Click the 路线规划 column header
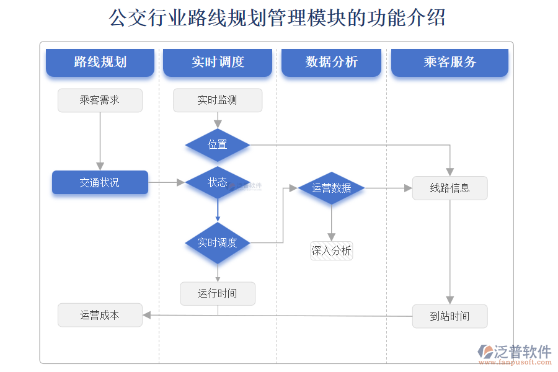pyautogui.click(x=100, y=62)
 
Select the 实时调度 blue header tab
pyautogui.click(x=218, y=62)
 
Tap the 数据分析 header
pyautogui.click(x=331, y=62)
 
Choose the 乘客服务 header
pyautogui.click(x=449, y=62)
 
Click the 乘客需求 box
pyautogui.click(x=100, y=100)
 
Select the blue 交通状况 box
pyautogui.click(x=100, y=182)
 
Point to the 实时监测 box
pyautogui.click(x=218, y=100)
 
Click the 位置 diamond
pyautogui.click(x=218, y=145)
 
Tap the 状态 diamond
pyautogui.click(x=218, y=182)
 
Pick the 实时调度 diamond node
pyautogui.click(x=218, y=242)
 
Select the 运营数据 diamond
pyautogui.click(x=331, y=188)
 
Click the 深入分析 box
pyautogui.click(x=331, y=250)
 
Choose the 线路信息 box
pyautogui.click(x=449, y=188)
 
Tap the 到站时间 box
pyautogui.click(x=449, y=316)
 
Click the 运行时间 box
pyautogui.click(x=218, y=293)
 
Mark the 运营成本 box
pyautogui.click(x=100, y=315)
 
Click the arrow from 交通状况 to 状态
pyautogui.click(x=167, y=182)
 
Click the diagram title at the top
pyautogui.click(x=277, y=18)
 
